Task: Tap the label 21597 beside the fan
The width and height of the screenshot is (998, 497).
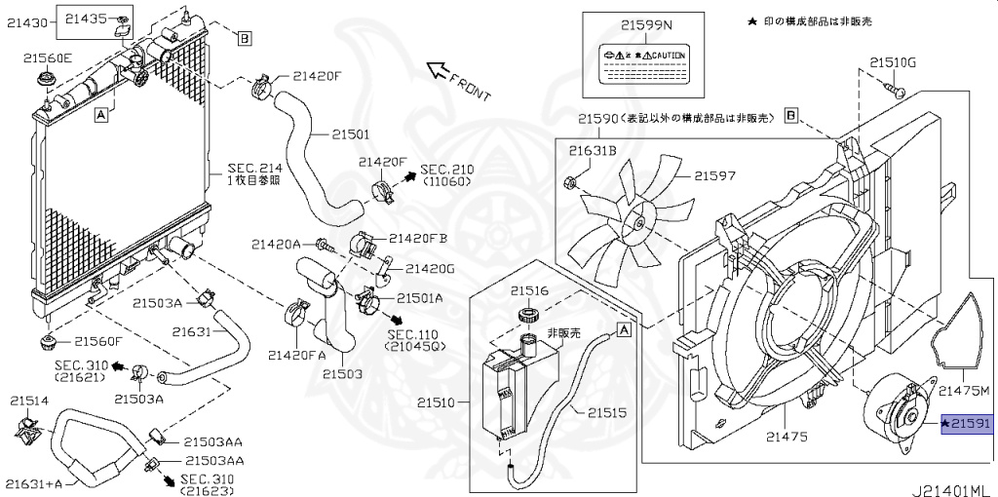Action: click(x=714, y=176)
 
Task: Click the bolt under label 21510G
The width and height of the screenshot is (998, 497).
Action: click(x=897, y=91)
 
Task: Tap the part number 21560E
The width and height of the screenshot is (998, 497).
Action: click(x=48, y=57)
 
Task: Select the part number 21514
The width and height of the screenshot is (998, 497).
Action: click(x=29, y=400)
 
